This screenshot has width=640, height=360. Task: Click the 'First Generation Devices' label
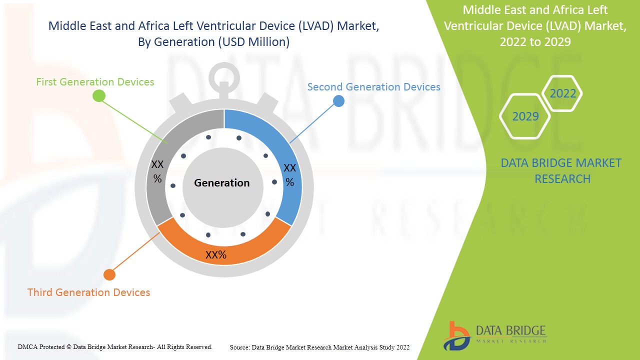tap(95, 81)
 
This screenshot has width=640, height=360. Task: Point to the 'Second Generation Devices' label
tap(373, 86)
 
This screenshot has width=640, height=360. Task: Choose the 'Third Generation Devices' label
tap(88, 292)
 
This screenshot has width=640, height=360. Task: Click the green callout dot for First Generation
tap(99, 96)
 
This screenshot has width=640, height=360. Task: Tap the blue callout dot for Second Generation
tap(338, 101)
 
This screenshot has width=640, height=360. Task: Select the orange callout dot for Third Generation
tap(109, 274)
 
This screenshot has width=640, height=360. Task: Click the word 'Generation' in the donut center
tap(221, 183)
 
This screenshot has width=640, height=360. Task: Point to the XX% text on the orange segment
tap(216, 255)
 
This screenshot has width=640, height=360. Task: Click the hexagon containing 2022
tap(562, 93)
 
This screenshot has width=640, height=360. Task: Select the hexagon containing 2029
tap(525, 116)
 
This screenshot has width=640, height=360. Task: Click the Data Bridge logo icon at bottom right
tap(456, 335)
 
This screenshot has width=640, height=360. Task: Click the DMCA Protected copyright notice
tap(115, 346)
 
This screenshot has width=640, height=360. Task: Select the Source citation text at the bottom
tap(319, 347)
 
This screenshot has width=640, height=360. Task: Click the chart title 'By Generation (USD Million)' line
tap(213, 42)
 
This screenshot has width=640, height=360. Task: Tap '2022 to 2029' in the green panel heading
tap(535, 41)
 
